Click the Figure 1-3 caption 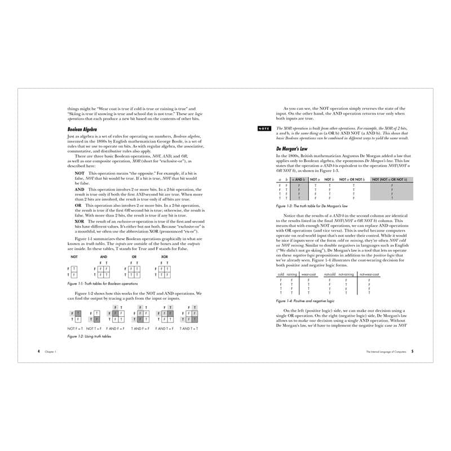316,206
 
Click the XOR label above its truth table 164,256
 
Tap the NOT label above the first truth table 74,256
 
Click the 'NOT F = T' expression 75,328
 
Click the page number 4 38,351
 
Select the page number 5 413,351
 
